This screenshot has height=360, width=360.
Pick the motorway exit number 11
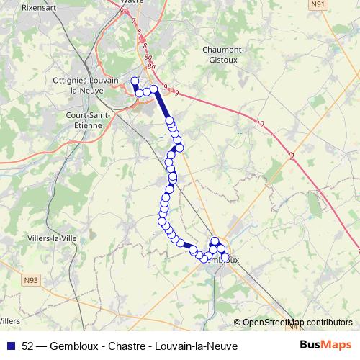[290, 155]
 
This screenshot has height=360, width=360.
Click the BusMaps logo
[325, 345]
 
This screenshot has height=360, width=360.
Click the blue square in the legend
[10, 346]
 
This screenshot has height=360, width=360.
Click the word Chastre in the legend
[123, 346]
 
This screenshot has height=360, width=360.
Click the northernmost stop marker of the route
[134, 80]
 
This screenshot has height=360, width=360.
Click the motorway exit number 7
[133, 21]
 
